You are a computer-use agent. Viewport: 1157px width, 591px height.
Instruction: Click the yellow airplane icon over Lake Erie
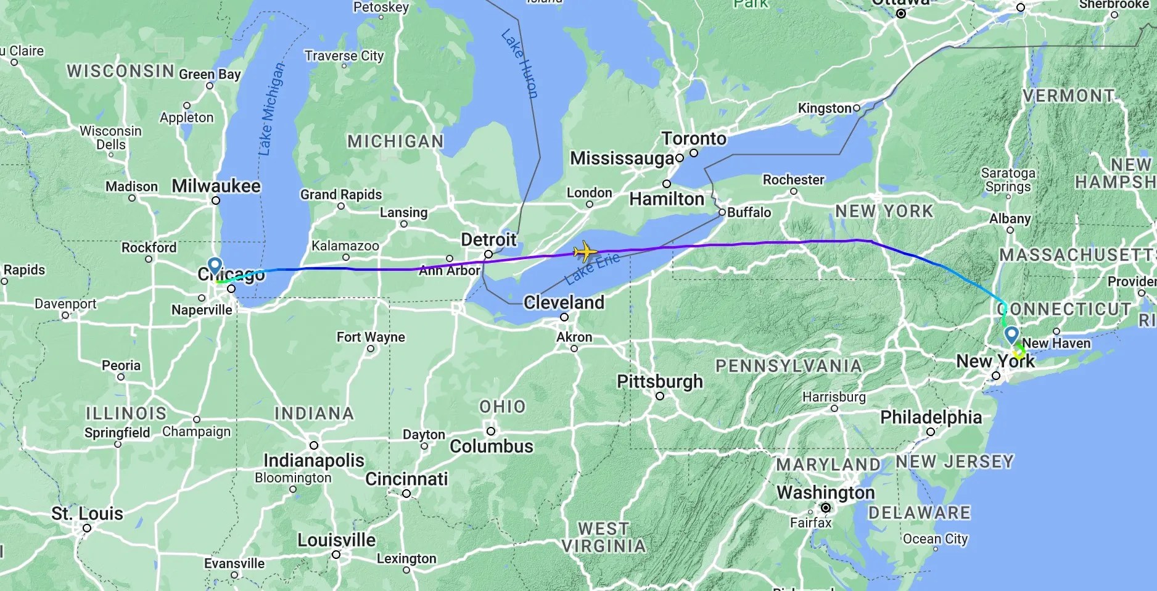585,252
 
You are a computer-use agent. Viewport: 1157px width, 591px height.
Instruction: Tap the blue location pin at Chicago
215,266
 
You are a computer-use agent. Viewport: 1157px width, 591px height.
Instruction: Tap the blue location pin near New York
1011,335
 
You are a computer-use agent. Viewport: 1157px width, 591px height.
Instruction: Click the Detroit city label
488,239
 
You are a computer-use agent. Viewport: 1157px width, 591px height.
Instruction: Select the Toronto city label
694,138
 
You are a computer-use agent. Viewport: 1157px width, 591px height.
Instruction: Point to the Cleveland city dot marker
564,317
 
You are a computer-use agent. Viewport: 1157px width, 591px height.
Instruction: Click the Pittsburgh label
660,381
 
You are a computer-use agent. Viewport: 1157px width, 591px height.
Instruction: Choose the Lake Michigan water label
271,109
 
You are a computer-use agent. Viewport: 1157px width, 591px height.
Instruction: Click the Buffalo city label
749,212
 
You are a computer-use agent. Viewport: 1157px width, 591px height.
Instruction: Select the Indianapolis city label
314,460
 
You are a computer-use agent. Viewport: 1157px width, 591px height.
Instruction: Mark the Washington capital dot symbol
825,508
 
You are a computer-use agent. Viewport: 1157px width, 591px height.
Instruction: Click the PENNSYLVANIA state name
788,366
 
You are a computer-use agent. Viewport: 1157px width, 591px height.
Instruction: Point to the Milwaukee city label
216,186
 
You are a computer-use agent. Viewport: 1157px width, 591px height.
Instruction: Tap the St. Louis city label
87,513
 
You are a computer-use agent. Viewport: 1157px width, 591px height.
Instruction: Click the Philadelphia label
931,417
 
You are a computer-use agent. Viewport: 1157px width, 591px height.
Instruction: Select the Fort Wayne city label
371,337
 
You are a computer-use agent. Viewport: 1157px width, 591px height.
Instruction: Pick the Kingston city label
825,108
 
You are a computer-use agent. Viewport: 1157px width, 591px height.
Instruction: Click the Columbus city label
492,446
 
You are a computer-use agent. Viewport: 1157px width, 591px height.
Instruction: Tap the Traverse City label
344,56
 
